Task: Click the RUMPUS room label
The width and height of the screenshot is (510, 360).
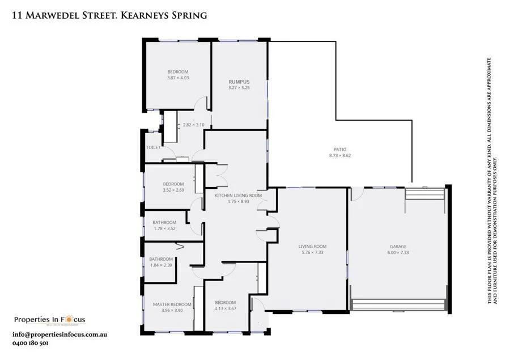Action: (x=239, y=82)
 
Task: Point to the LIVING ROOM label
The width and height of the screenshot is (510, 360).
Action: (x=313, y=246)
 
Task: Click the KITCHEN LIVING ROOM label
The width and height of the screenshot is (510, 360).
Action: (x=238, y=195)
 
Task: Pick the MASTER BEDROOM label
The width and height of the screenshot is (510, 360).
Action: (x=172, y=304)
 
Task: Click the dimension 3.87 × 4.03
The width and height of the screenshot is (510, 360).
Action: (x=177, y=78)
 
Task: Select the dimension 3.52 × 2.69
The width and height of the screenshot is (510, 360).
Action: (x=173, y=190)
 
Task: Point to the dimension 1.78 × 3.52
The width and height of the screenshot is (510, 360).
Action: (x=165, y=228)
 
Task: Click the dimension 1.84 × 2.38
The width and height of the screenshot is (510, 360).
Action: (x=161, y=265)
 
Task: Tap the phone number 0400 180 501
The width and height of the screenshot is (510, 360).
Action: (x=29, y=343)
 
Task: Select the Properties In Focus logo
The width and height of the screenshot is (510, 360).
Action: (x=50, y=320)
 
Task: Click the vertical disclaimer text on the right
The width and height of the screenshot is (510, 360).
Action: (x=492, y=181)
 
